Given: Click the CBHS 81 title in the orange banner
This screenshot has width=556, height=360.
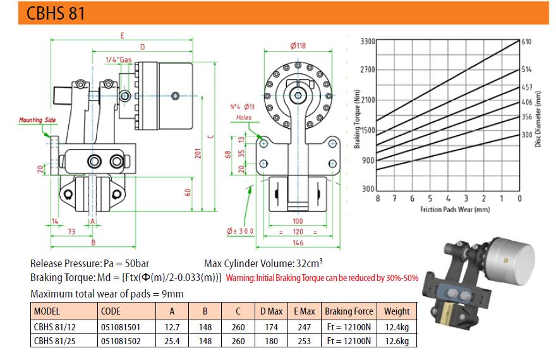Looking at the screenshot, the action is pyautogui.click(x=56, y=13).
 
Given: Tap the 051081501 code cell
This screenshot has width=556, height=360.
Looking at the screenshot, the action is pyautogui.click(x=121, y=327).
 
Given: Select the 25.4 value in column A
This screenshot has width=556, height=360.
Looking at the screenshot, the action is pyautogui.click(x=172, y=341).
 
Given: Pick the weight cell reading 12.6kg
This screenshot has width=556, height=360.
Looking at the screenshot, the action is pyautogui.click(x=397, y=341).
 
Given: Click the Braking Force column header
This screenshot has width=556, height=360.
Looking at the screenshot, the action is pyautogui.click(x=349, y=311).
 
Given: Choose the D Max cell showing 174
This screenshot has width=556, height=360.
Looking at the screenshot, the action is pyautogui.click(x=271, y=327).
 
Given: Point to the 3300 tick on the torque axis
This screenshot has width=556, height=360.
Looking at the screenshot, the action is pyautogui.click(x=368, y=42).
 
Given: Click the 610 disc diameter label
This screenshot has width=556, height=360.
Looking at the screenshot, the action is pyautogui.click(x=526, y=42).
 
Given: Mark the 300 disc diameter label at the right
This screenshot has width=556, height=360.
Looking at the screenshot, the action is pyautogui.click(x=527, y=135).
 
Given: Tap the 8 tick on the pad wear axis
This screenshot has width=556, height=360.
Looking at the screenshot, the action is pyautogui.click(x=378, y=198).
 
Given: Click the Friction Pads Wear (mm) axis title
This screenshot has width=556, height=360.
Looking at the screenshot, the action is pyautogui.click(x=455, y=210).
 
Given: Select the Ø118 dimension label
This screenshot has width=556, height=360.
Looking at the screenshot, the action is pyautogui.click(x=298, y=45).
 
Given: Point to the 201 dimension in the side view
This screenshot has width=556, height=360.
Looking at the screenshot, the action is pyautogui.click(x=198, y=153).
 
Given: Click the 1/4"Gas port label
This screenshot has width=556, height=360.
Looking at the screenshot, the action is pyautogui.click(x=119, y=59).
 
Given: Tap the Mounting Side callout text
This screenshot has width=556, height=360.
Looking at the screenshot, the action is pyautogui.click(x=37, y=120).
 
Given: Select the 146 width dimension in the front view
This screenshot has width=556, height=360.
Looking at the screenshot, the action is pyautogui.click(x=298, y=243).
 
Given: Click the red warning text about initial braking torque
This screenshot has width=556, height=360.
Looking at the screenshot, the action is pyautogui.click(x=322, y=278).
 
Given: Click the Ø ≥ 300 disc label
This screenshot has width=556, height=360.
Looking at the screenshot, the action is pyautogui.click(x=241, y=231).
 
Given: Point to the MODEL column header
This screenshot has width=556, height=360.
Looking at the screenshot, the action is pyautogui.click(x=47, y=311).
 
